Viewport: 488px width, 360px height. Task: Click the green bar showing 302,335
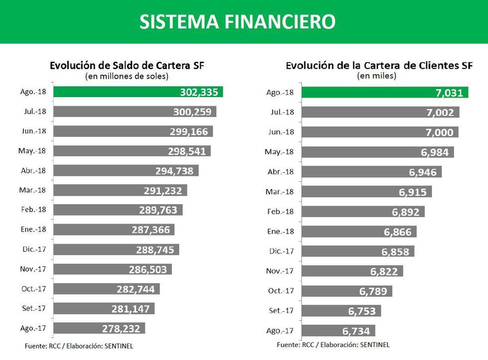tap(138, 92)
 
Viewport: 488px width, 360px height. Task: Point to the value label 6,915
tap(413, 192)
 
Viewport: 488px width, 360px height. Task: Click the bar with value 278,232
tap(99, 328)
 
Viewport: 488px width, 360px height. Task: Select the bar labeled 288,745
tap(116, 249)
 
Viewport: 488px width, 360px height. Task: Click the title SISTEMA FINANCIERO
tap(237, 21)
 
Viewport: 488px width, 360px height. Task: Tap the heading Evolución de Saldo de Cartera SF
tap(126, 66)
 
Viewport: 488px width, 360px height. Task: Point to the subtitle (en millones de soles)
tap(126, 76)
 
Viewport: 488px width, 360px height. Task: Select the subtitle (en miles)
tap(376, 76)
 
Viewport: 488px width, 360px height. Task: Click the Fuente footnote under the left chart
tap(79, 345)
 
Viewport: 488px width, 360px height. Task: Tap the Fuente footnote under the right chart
tap(333, 344)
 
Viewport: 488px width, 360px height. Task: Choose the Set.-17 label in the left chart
tap(34, 308)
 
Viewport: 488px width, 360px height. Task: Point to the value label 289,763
tap(158, 210)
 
